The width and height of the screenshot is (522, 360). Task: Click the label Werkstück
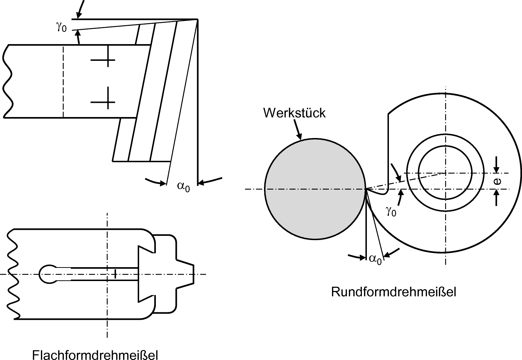click(294, 113)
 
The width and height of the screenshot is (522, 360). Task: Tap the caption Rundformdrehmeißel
click(394, 292)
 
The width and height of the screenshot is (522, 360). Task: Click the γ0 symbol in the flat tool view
click(61, 27)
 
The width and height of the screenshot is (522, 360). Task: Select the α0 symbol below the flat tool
click(184, 186)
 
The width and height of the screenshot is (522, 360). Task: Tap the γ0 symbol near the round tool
click(391, 211)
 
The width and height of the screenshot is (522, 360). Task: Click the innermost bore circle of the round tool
click(445, 173)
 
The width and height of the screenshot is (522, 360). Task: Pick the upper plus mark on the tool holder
click(103, 60)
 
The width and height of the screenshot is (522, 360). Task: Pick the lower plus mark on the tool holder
click(103, 102)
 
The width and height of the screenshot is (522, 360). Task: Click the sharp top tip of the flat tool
click(197, 19)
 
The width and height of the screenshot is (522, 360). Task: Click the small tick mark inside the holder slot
click(115, 274)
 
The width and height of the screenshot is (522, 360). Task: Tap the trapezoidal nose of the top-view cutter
click(188, 274)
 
